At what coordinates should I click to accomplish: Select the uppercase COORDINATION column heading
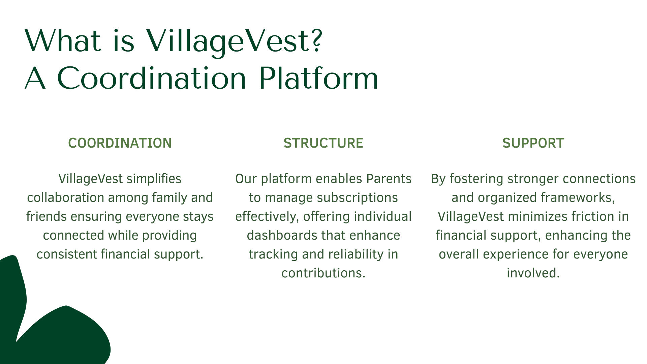[120, 143]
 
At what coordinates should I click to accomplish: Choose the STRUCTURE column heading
[323, 143]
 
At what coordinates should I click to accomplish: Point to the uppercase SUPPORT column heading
[533, 143]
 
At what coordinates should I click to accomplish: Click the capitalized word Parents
[389, 179]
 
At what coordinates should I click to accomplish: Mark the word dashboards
[282, 235]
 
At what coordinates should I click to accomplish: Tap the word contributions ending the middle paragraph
[323, 273]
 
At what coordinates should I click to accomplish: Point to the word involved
[533, 273]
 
